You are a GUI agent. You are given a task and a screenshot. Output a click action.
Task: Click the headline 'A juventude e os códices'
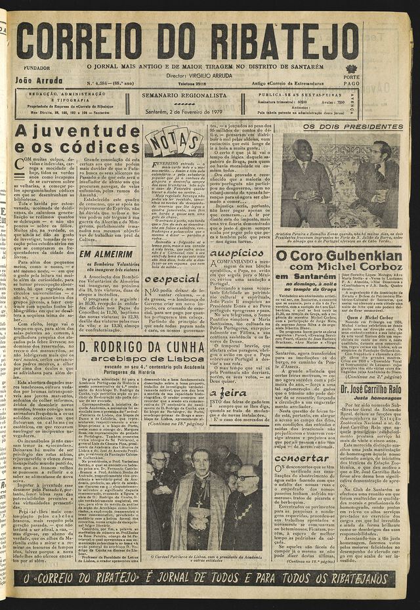pos(77,139)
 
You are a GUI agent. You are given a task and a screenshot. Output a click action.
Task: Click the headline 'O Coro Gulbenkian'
pos(338,255)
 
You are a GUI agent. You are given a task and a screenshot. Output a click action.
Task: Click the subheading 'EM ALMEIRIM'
pos(106,253)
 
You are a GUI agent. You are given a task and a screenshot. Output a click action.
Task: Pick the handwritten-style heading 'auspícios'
pos(237,252)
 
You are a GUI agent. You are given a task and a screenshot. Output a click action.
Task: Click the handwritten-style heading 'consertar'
pos(302,458)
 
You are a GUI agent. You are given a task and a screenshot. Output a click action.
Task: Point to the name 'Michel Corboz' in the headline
pos(350,267)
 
